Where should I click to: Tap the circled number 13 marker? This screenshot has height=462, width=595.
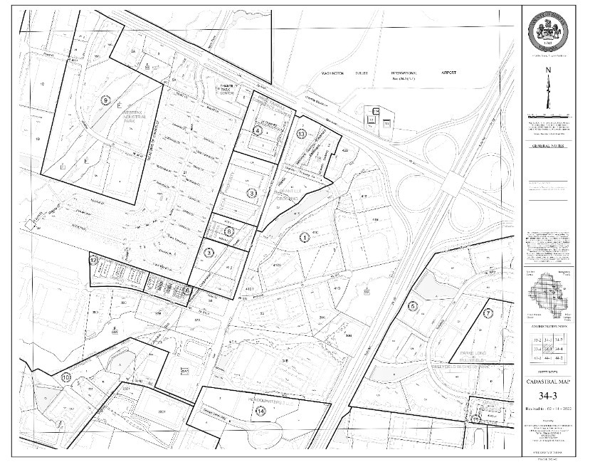(x=302, y=134)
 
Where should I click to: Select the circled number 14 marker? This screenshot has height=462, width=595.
(x=260, y=411)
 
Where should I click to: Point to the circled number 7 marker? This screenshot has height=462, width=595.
(x=488, y=313)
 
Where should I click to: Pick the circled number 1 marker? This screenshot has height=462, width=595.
(x=304, y=237)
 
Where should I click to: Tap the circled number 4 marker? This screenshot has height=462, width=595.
(x=257, y=130)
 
